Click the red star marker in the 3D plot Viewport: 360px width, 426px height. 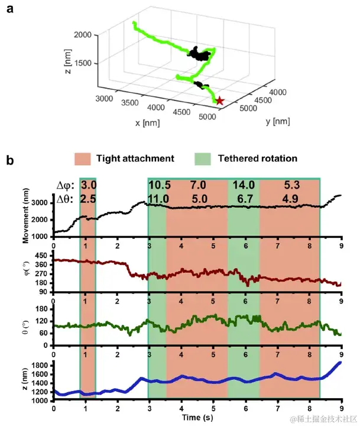pos(220,101)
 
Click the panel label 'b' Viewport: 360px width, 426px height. pos(9,160)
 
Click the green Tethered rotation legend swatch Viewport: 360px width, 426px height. pos(202,159)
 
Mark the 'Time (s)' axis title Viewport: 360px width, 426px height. pos(197,418)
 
